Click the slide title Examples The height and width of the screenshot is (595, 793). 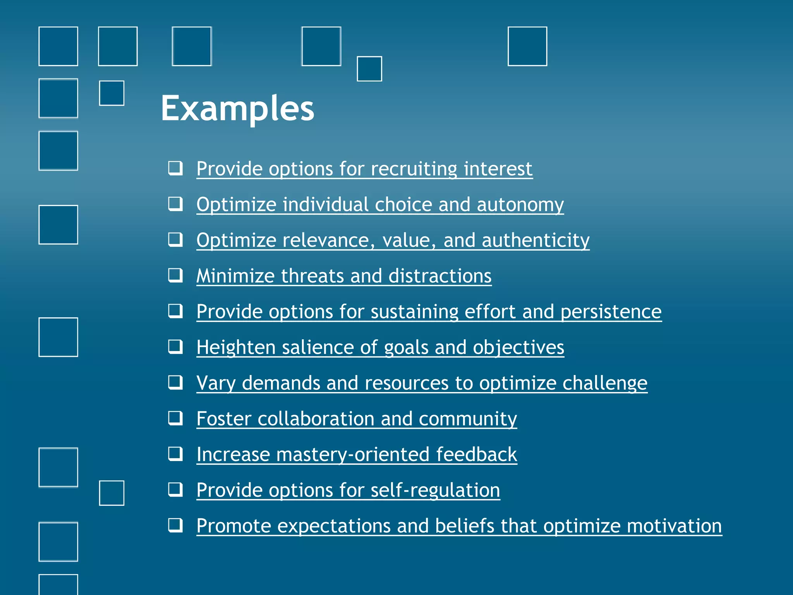tap(237, 108)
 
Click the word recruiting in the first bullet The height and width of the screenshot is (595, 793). tap(413, 169)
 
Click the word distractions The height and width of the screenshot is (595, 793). tap(440, 276)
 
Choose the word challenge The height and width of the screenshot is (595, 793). tap(604, 383)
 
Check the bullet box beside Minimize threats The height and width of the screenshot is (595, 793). tap(175, 275)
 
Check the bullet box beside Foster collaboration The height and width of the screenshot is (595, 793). tap(175, 418)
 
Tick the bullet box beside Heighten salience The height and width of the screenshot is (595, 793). tap(175, 347)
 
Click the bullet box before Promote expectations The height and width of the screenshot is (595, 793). tap(175, 526)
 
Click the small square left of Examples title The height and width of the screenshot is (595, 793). tap(112, 93)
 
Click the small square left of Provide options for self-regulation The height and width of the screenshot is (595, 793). tap(112, 493)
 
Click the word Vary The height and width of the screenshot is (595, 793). tap(216, 383)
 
